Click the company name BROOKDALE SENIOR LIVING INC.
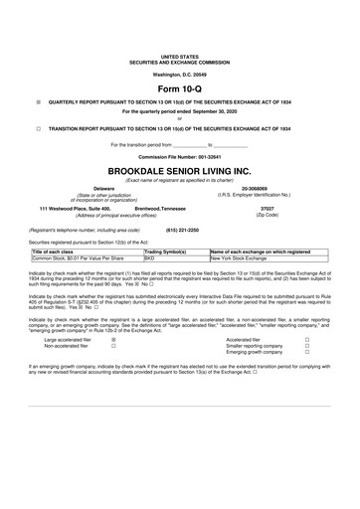[180, 169]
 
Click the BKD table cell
[150, 259]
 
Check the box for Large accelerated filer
[113, 339]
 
